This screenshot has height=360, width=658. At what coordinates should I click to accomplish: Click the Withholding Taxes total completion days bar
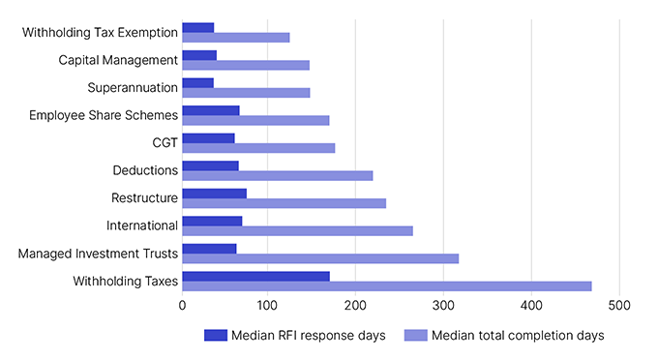(x=387, y=286)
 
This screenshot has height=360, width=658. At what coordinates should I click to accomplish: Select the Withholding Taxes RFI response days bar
(x=255, y=277)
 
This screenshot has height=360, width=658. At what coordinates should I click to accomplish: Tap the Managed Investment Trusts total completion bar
(x=320, y=258)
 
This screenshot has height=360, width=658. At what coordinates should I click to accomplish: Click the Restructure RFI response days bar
(x=214, y=194)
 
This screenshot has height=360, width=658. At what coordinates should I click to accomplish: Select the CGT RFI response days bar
(x=208, y=138)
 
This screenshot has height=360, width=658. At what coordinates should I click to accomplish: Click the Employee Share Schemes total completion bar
(x=255, y=120)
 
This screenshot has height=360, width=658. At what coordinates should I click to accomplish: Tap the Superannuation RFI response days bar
(x=197, y=83)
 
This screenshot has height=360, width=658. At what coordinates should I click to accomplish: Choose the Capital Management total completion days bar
(x=246, y=65)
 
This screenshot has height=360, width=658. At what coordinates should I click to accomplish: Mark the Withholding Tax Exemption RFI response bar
(x=197, y=27)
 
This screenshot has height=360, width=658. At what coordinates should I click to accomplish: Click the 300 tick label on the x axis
(x=443, y=306)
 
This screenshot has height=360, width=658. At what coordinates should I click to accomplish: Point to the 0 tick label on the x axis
(x=182, y=306)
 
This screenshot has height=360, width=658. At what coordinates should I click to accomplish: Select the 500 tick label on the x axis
(x=618, y=306)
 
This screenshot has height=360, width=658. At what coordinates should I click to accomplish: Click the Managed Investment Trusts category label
(x=98, y=254)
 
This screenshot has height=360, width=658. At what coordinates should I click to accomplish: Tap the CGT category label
(x=164, y=143)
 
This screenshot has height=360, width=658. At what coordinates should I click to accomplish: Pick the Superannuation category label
(x=133, y=88)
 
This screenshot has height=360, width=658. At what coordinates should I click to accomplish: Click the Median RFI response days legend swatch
(x=215, y=336)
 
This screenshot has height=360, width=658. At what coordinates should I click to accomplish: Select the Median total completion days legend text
(x=518, y=336)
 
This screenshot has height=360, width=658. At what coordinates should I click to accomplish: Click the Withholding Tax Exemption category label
(x=100, y=32)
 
